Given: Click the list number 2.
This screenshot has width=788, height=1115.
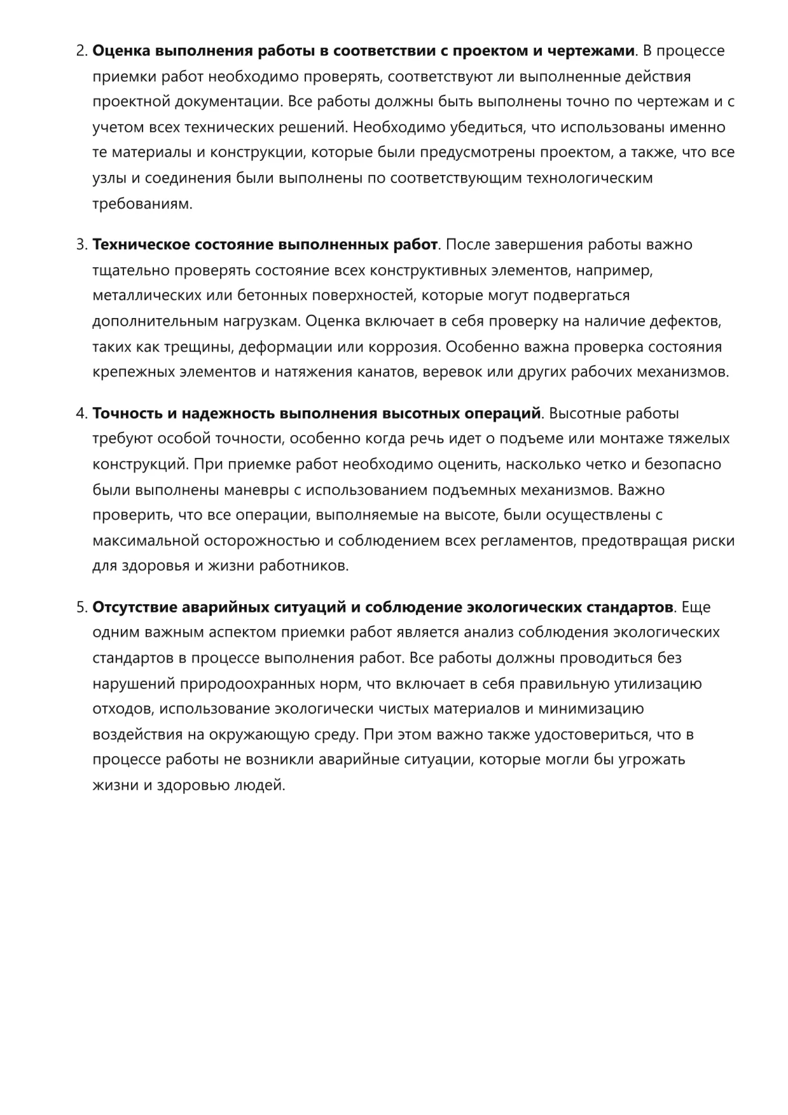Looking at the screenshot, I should coord(81,51).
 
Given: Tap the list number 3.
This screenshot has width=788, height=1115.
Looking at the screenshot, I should coord(81,245).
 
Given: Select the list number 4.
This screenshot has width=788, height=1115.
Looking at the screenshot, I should coord(81,413).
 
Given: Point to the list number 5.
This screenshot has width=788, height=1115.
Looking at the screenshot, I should coord(81,607).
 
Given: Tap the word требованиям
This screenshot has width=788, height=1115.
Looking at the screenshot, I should coord(142,204).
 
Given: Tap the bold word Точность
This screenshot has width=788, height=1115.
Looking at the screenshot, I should coord(127,413).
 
